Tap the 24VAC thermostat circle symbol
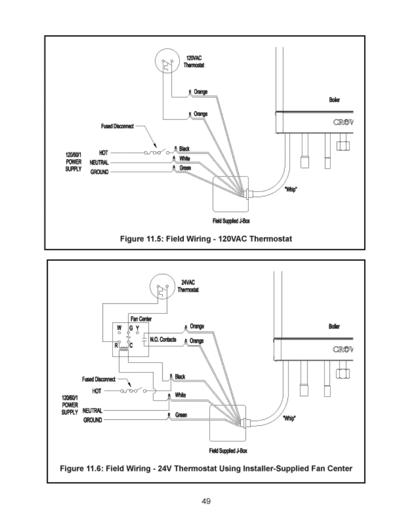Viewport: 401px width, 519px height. pyautogui.click(x=162, y=287)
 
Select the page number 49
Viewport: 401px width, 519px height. pyautogui.click(x=206, y=501)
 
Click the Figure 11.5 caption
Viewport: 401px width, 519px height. pyautogui.click(x=206, y=239)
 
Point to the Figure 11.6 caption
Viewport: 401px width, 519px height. pyautogui.click(x=206, y=468)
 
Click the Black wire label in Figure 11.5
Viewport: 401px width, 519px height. pyautogui.click(x=184, y=149)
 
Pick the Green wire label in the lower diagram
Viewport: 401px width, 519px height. pyautogui.click(x=181, y=415)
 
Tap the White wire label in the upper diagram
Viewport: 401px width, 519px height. pyautogui.click(x=185, y=158)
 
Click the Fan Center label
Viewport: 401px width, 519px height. pyautogui.click(x=141, y=319)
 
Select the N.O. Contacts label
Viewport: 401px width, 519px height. pyautogui.click(x=163, y=340)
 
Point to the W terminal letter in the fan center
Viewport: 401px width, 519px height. pyautogui.click(x=119, y=327)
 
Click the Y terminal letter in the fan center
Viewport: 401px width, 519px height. pyautogui.click(x=137, y=327)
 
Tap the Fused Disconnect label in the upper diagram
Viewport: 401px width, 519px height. pyautogui.click(x=117, y=126)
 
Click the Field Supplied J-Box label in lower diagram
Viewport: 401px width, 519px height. pyautogui.click(x=228, y=451)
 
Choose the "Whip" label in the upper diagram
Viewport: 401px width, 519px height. pyautogui.click(x=291, y=190)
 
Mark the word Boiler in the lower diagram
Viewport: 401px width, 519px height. pyautogui.click(x=334, y=327)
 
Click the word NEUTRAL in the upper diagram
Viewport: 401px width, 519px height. pyautogui.click(x=99, y=162)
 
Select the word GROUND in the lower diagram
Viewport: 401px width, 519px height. pyautogui.click(x=92, y=420)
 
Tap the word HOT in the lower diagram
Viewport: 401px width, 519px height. pyautogui.click(x=97, y=391)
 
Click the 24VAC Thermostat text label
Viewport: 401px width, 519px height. pyautogui.click(x=188, y=286)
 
